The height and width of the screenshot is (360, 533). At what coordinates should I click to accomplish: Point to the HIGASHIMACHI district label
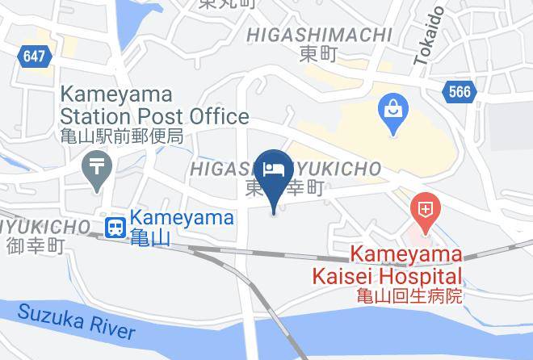(320, 35)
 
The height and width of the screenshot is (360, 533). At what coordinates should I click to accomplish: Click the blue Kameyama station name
(182, 217)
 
